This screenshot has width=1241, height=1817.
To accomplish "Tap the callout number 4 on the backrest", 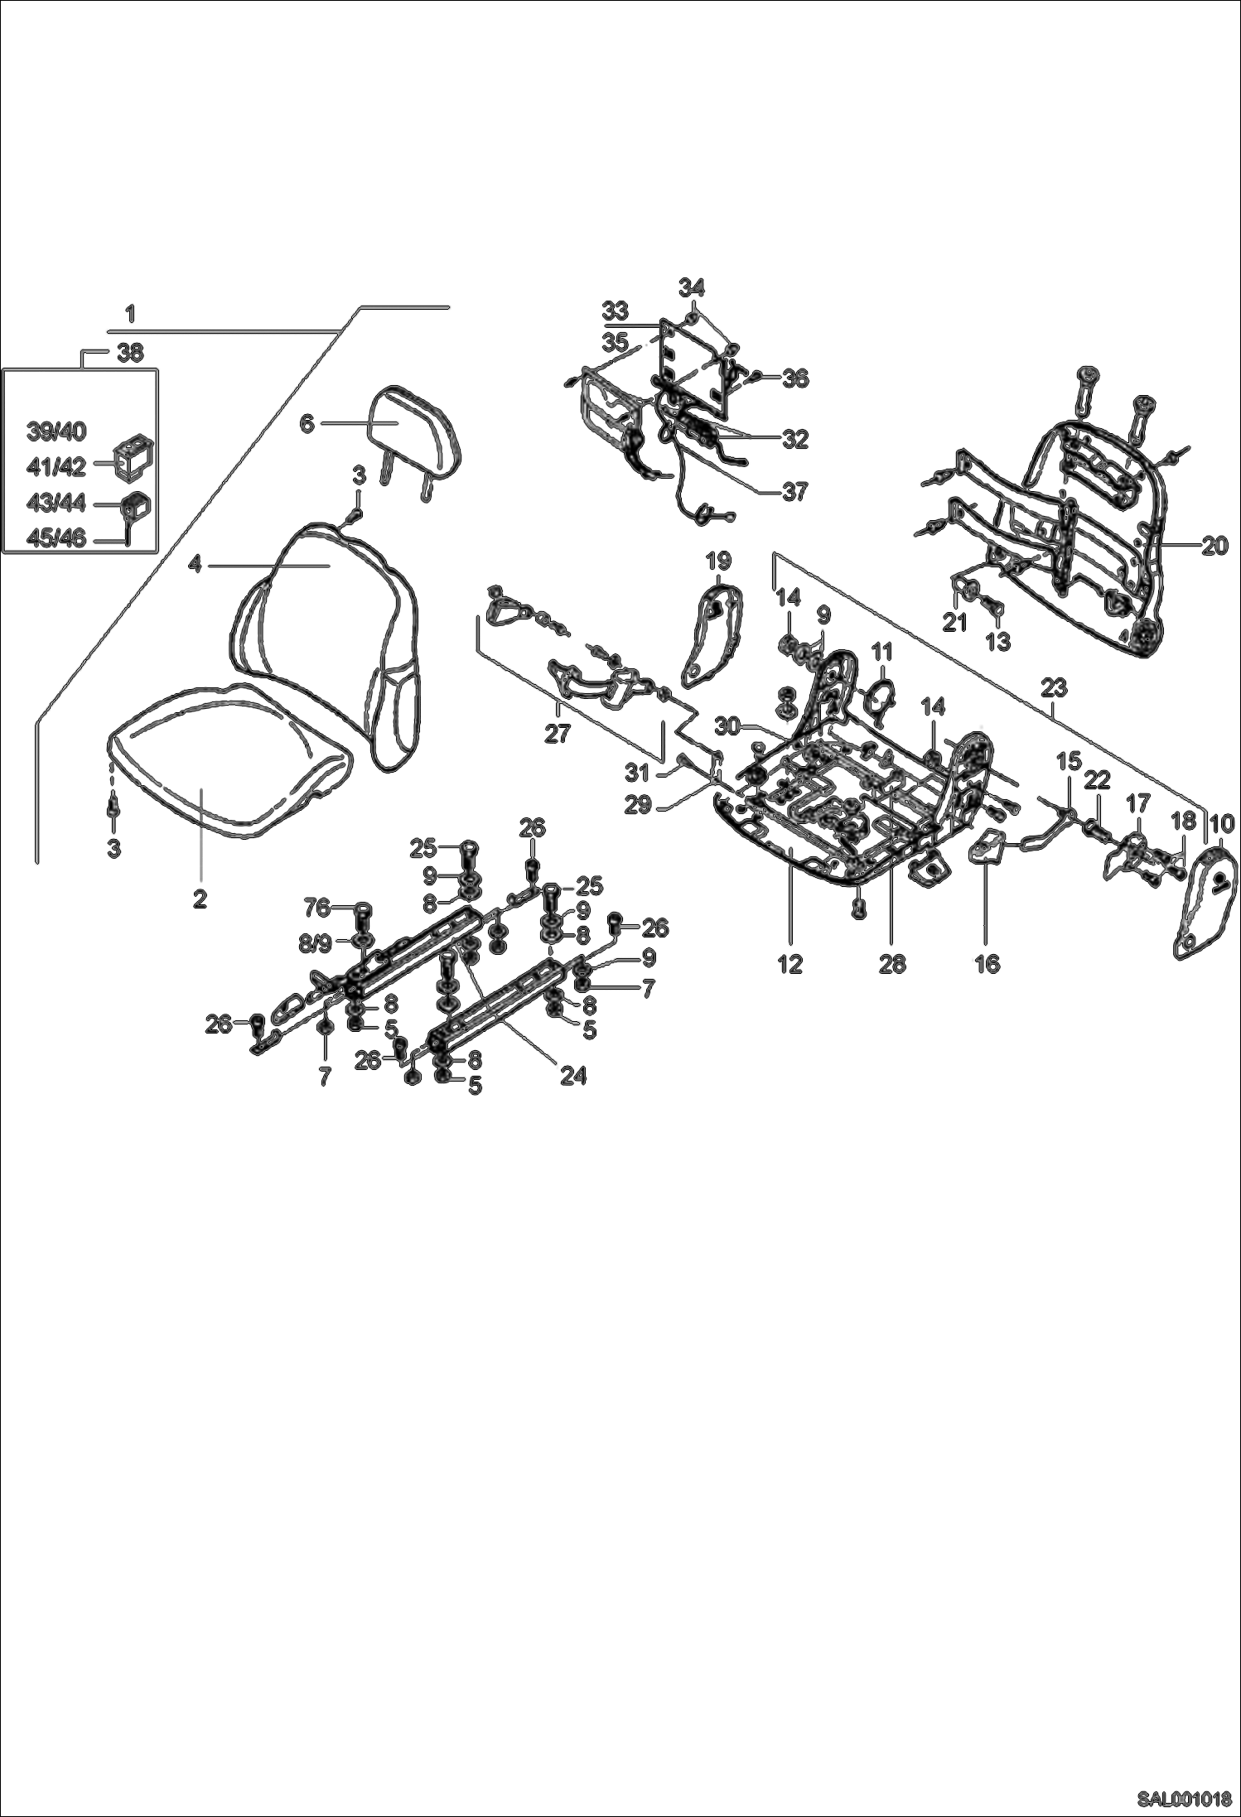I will click(195, 564).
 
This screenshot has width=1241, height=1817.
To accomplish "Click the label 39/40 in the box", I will click(56, 431).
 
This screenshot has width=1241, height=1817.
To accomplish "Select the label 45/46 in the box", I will click(56, 539).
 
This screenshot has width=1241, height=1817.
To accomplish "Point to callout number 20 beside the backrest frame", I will click(1214, 546).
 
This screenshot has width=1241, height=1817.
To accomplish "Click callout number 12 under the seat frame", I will click(790, 963).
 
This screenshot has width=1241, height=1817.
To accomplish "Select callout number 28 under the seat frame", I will click(892, 963).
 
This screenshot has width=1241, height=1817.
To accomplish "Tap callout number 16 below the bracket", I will click(987, 963).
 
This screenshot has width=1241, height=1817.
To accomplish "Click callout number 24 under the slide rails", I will click(572, 1075).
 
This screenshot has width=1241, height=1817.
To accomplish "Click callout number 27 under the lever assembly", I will click(557, 734).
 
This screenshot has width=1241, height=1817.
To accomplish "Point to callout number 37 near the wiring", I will click(794, 491).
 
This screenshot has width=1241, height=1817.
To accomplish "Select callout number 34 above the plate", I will click(691, 287).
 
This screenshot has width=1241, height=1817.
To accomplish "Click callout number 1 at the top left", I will click(130, 314).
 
